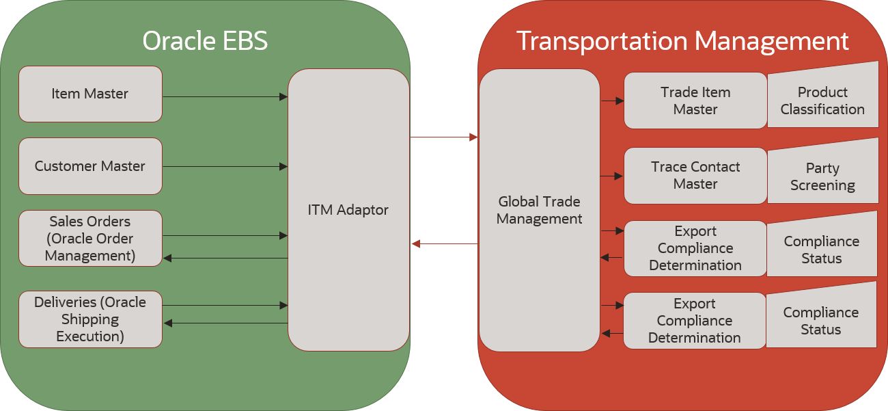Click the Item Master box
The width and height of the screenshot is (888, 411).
(x=90, y=94)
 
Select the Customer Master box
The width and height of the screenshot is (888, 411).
(x=90, y=166)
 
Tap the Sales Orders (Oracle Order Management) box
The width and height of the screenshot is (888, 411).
(x=90, y=239)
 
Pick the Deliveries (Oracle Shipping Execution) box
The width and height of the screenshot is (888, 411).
(x=90, y=319)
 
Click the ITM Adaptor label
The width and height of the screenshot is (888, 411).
(x=348, y=210)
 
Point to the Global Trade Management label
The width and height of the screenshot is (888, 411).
(x=539, y=210)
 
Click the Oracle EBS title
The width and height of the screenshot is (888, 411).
(x=205, y=41)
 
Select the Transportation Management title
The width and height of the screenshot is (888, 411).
(x=682, y=41)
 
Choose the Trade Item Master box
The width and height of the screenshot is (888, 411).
(x=695, y=101)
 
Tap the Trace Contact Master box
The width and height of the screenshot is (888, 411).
(x=695, y=176)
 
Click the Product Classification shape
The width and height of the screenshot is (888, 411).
(x=823, y=97)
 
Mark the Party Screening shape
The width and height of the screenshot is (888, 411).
(x=823, y=174)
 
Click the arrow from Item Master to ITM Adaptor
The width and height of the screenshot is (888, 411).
(x=225, y=97)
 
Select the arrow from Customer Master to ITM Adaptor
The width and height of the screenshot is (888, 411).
(x=225, y=167)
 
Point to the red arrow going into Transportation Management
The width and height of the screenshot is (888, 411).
(x=444, y=137)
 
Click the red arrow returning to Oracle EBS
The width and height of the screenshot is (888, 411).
(x=445, y=243)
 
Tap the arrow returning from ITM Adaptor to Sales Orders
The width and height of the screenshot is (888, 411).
(x=225, y=258)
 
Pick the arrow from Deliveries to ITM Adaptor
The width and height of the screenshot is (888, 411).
(x=225, y=306)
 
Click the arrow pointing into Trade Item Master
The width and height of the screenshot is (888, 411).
(x=613, y=101)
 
